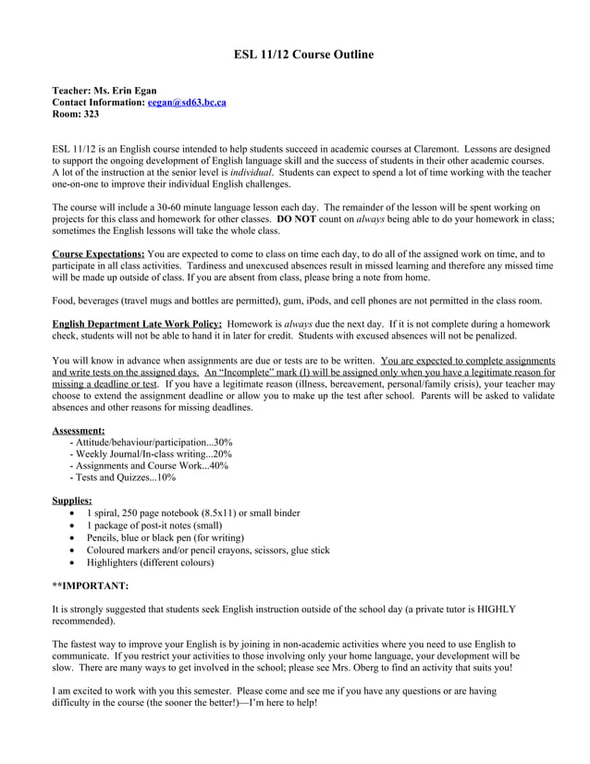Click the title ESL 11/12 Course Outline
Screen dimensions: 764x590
point(303,55)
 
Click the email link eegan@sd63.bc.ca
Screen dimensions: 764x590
point(187,103)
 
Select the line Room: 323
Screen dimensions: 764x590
point(76,115)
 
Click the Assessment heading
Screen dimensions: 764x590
point(78,430)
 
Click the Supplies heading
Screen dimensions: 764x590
point(72,500)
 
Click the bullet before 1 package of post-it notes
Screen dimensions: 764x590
point(73,525)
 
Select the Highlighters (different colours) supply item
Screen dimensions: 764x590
point(150,561)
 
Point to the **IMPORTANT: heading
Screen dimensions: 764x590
point(91,585)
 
